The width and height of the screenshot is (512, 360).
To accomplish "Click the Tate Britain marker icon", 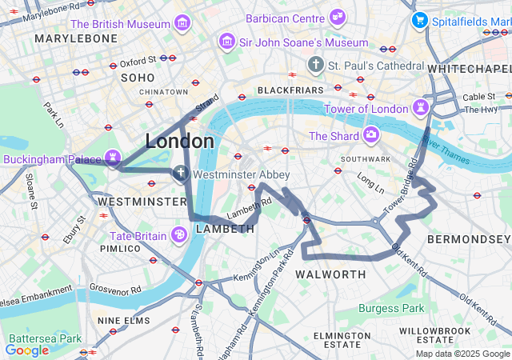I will tap(179, 234).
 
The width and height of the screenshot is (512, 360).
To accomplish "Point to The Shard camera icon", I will tap(370, 135).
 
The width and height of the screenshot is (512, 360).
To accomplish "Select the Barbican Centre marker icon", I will tap(338, 17).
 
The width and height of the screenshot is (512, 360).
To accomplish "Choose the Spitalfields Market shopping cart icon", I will tap(418, 20).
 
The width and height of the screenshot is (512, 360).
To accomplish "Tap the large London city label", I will tap(179, 142).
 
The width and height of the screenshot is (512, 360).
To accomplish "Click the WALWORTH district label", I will tap(330, 274).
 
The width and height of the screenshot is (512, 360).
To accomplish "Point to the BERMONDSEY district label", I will tap(468, 239).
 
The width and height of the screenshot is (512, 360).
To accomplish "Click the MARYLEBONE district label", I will tap(76, 38).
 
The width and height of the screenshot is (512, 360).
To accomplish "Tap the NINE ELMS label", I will tap(124, 320).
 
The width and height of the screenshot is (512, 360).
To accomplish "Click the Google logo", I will tap(26, 350).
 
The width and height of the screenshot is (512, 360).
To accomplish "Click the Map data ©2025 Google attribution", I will tap(462, 354).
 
